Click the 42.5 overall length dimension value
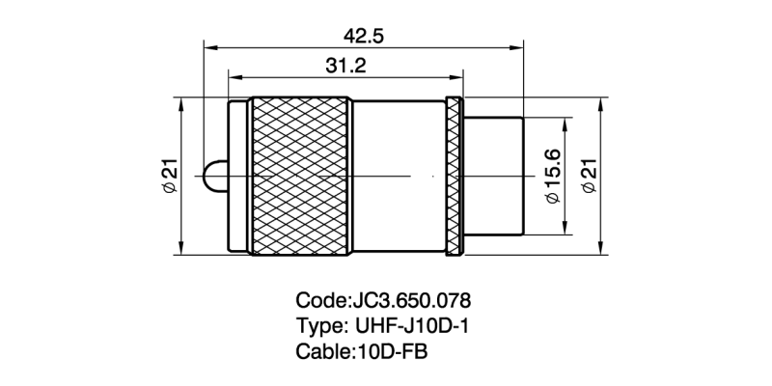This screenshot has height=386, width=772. coord(364,36)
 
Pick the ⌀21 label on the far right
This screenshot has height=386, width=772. coord(585,176)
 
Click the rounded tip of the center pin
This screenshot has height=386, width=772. coord(208,176)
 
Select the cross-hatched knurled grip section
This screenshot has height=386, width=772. coord(299,176)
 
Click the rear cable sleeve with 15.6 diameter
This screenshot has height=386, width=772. coord(494,176)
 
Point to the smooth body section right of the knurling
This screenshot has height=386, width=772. coord(396,176)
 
